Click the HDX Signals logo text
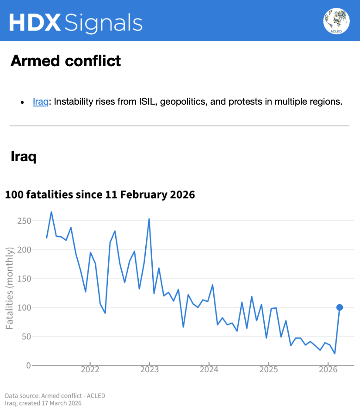click(76, 22)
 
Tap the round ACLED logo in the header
click(336, 21)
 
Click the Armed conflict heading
click(66, 61)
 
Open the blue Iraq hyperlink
click(40, 101)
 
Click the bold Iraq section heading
click(23, 156)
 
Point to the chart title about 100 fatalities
click(100, 194)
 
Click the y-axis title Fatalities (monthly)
click(9, 288)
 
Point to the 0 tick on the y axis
click(28, 365)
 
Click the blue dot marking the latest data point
click(340, 307)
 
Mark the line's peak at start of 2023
click(149, 219)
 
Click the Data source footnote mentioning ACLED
click(55, 396)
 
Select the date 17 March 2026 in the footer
click(59, 404)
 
